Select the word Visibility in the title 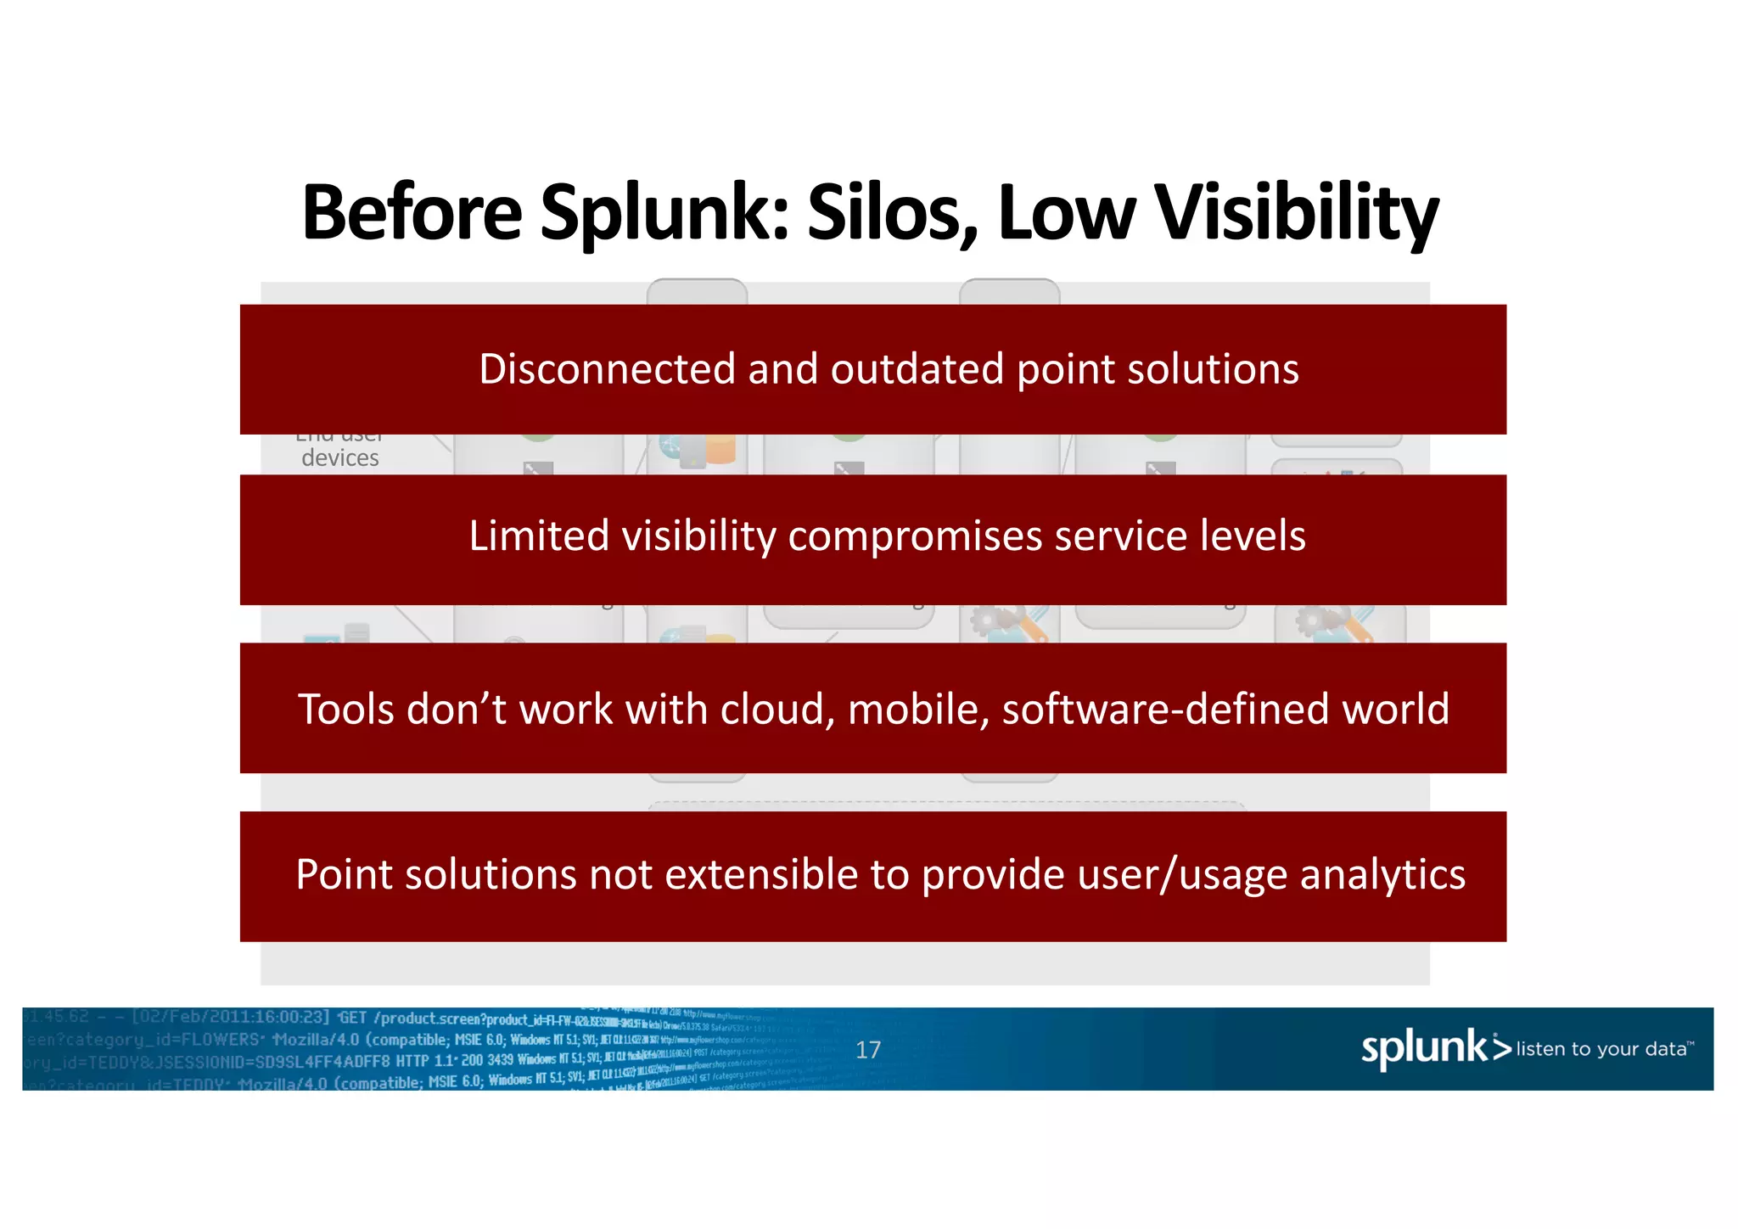pos(1297,214)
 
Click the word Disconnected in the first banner pos(607,369)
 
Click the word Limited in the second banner pos(539,536)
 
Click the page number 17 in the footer pos(867,1050)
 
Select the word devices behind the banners pos(340,458)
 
